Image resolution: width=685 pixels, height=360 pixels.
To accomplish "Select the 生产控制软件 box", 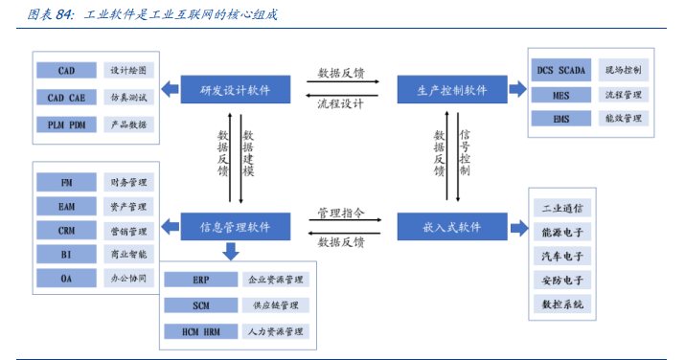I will click(452, 90).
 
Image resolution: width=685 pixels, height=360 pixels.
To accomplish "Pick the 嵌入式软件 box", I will click(452, 227).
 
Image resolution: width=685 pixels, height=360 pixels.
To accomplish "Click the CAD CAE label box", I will click(66, 98).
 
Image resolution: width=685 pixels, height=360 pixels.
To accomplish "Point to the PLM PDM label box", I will click(66, 124).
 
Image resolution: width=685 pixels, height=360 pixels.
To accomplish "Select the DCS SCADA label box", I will click(561, 70).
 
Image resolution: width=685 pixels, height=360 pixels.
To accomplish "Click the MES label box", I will click(561, 95).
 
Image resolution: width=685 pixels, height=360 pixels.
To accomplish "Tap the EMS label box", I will click(561, 119).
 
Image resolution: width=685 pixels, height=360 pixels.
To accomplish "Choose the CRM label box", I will click(66, 231).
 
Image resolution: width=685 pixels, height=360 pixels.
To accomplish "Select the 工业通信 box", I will click(562, 208).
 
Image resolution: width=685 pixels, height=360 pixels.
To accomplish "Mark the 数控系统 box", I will click(562, 304).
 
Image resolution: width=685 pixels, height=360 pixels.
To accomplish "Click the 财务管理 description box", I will click(127, 182).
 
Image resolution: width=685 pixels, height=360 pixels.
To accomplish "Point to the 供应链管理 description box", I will click(276, 305).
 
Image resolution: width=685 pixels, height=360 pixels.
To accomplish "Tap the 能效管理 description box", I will click(625, 119).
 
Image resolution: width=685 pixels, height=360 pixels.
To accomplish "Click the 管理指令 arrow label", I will click(341, 212).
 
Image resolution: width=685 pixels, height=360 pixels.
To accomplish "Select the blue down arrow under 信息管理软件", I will click(231, 251).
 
